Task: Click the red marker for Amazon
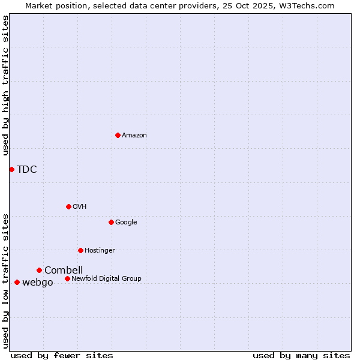point(118,135)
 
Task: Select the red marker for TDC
point(11,169)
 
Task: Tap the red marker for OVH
point(68,206)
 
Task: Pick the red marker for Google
point(111,222)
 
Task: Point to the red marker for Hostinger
point(80,250)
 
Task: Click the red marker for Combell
point(39,270)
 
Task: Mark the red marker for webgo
point(17,282)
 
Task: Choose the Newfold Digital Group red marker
point(67,278)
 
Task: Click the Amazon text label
point(134,136)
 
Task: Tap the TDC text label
point(27,169)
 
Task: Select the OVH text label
point(80,207)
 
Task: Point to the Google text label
point(126,223)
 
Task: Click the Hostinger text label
point(100,251)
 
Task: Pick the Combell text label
point(64,270)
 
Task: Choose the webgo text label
point(38,283)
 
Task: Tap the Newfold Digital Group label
point(106,278)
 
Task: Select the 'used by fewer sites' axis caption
point(62,355)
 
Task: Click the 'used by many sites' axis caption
point(301,355)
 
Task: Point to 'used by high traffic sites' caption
point(5,85)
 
